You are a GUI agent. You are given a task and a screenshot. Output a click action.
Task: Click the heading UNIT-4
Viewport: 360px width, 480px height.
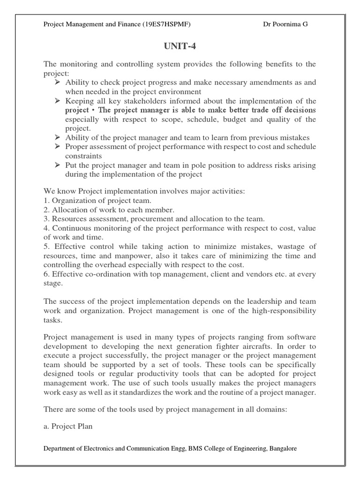(x=180, y=47)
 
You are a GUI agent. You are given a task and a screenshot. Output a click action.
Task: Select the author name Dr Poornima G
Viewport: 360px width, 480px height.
(x=285, y=25)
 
